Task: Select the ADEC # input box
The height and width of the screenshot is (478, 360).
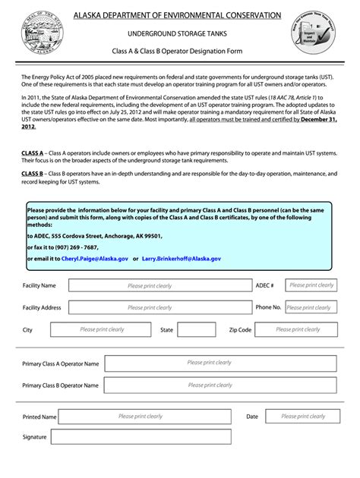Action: point(311,285)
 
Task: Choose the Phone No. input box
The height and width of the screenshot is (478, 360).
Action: point(311,307)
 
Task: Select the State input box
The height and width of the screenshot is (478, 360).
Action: point(196,330)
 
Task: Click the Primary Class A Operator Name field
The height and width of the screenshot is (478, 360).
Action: point(220,363)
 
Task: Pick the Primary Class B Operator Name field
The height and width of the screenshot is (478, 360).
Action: point(220,385)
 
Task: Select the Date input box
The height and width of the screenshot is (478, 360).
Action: point(302,417)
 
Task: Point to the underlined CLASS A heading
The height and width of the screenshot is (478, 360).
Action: point(33,153)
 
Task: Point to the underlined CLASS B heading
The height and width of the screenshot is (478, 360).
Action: point(33,173)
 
